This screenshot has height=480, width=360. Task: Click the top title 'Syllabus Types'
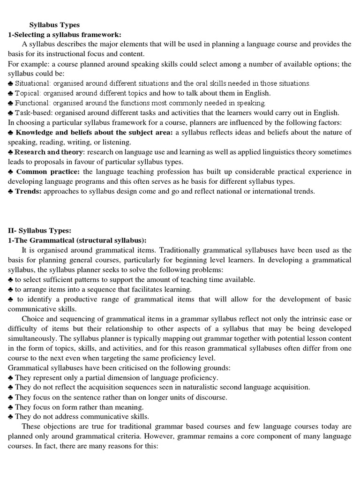(54, 25)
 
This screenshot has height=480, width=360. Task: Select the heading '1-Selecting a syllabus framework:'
(65, 34)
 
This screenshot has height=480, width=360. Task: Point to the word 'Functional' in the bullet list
(33, 103)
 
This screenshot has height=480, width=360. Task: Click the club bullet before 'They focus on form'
(11, 407)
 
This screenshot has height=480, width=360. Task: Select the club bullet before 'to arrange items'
(11, 289)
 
